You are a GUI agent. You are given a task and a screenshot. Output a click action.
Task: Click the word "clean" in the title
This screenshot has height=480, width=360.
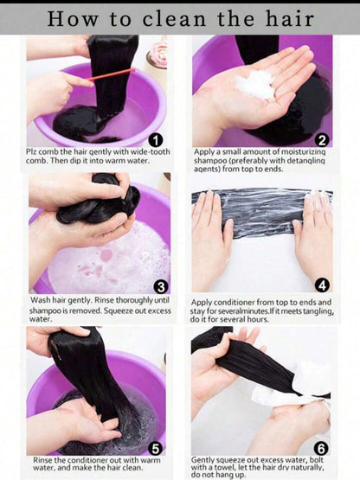pos(174,19)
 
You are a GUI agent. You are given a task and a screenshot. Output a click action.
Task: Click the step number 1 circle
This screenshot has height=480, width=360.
pos(155,140)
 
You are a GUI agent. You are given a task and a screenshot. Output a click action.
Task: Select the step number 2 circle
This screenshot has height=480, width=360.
pos(322,140)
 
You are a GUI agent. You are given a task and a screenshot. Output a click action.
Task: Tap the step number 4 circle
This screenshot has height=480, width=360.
pos(322,285)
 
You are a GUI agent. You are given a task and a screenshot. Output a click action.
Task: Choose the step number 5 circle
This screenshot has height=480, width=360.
pos(155,449)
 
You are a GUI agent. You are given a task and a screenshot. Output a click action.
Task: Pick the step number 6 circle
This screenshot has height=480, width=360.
pos(321,449)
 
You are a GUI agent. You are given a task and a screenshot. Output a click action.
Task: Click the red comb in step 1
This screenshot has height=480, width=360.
pos(112,74)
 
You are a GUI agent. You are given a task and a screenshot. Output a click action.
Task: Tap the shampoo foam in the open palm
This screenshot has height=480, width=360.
pos(255,84)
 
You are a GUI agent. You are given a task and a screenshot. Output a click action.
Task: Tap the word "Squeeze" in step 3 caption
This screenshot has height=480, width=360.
pos(118,310)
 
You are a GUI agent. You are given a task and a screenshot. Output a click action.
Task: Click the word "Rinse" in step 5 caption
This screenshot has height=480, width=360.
pos(42,460)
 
